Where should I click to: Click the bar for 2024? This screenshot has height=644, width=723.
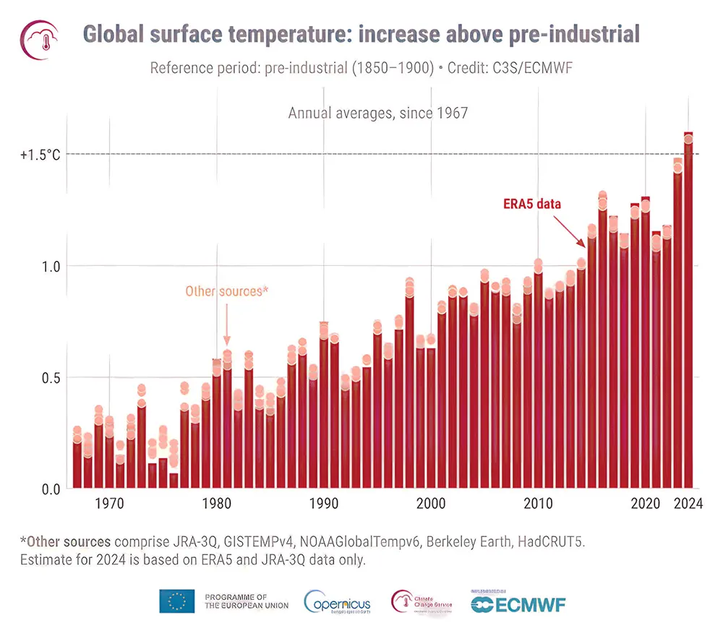point(688,311)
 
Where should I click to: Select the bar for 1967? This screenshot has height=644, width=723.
point(77,463)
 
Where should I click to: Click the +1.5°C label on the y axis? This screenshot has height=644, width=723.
point(40,155)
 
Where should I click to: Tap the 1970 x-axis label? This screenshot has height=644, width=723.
point(109,505)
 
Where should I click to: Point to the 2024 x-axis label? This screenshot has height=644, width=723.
point(688,505)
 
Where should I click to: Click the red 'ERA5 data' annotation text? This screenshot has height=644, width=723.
point(532,204)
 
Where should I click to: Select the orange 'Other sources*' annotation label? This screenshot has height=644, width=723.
point(226,291)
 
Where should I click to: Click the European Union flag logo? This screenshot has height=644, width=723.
point(177,601)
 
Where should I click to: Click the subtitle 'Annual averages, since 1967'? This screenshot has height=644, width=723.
point(378,113)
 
